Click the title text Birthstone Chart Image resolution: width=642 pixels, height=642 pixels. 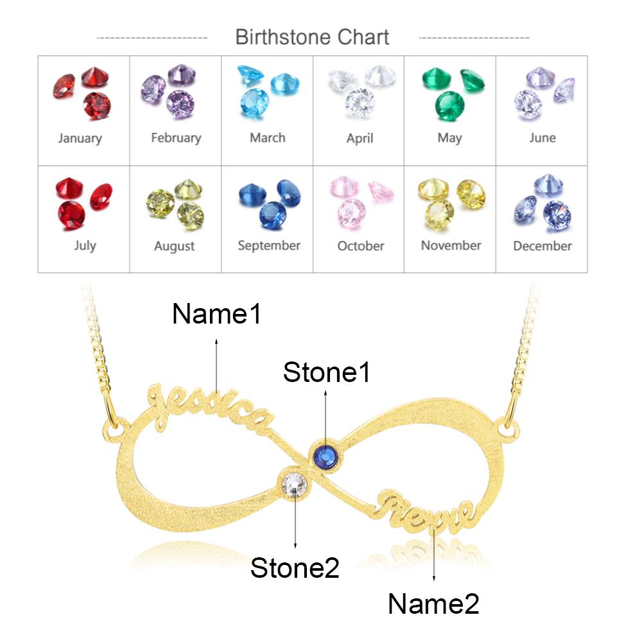pyautogui.click(x=312, y=37)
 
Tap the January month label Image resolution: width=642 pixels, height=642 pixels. pyautogui.click(x=80, y=139)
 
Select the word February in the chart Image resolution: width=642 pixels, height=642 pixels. pyautogui.click(x=176, y=138)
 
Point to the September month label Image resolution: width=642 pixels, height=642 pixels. pyautogui.click(x=269, y=246)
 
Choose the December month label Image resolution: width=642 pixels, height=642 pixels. pyautogui.click(x=542, y=246)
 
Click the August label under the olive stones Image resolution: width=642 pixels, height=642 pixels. pyautogui.click(x=175, y=247)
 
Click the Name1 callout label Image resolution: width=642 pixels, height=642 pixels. pyautogui.click(x=216, y=314)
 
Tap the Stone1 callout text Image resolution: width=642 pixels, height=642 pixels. pyautogui.click(x=326, y=372)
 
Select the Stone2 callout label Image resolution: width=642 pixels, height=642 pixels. pyautogui.click(x=295, y=568)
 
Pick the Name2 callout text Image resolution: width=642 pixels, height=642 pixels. pyautogui.click(x=433, y=604)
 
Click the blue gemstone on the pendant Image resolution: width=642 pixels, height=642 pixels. pyautogui.click(x=326, y=456)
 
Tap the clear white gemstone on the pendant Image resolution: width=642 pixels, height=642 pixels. pyautogui.click(x=295, y=485)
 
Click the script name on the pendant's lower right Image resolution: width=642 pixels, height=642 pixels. pyautogui.click(x=426, y=514)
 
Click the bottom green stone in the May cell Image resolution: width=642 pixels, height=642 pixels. pyautogui.click(x=449, y=106)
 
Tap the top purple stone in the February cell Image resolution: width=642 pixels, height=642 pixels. pyautogui.click(x=182, y=74)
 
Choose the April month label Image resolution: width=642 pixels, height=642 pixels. pyautogui.click(x=360, y=139)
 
